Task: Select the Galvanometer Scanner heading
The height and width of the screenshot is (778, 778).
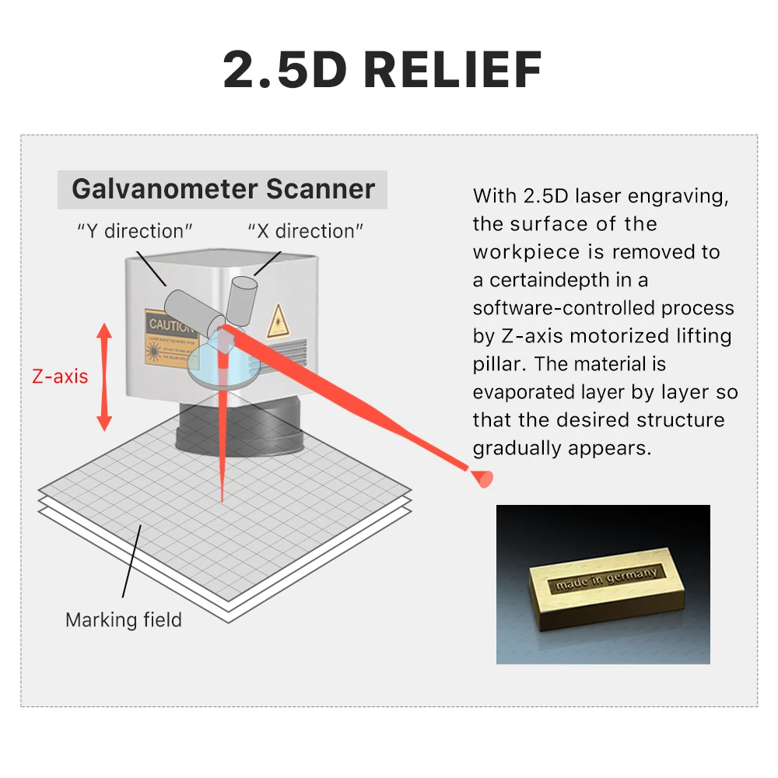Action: coord(223,189)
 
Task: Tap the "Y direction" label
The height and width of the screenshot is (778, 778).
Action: coord(135,231)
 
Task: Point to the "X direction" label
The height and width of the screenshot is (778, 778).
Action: coord(306,231)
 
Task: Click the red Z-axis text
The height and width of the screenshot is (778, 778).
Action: coord(60,377)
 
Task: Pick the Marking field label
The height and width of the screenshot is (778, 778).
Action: coord(124,620)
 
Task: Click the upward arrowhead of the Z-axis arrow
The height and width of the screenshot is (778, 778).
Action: coord(104,331)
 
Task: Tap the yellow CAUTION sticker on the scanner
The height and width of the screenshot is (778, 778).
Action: coord(168,335)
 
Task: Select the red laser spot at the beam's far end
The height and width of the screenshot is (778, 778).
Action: coord(483,477)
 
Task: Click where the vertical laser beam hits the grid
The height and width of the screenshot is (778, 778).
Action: coord(223,500)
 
